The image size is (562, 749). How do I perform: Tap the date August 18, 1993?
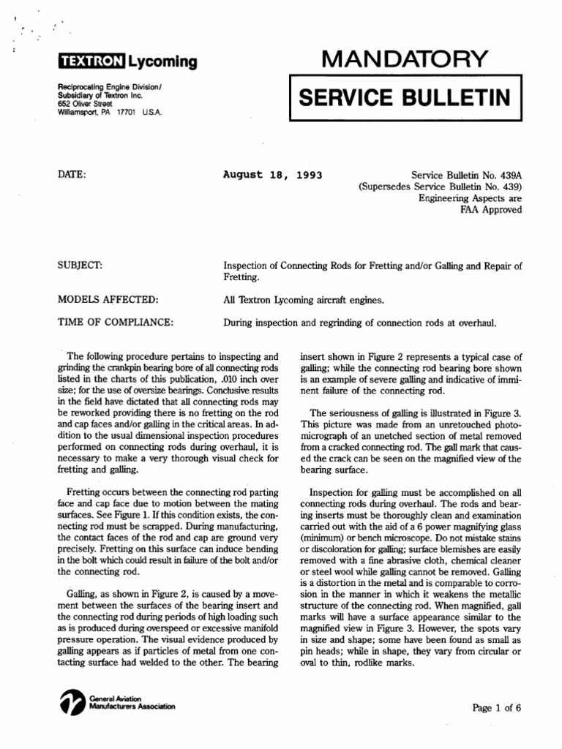pyautogui.click(x=272, y=176)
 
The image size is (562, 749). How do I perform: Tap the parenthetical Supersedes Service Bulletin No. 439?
pyautogui.click(x=441, y=187)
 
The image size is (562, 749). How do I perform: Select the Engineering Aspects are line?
pyautogui.click(x=470, y=198)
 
